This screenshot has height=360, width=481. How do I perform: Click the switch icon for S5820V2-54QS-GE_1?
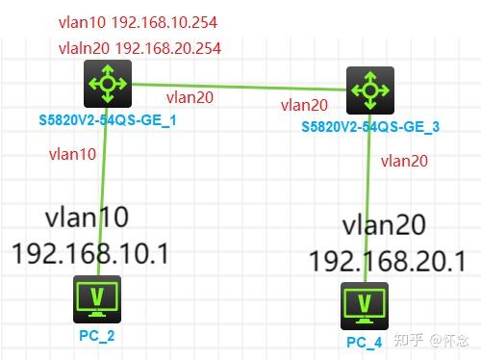(107, 84)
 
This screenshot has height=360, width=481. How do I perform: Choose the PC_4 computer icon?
(364, 306)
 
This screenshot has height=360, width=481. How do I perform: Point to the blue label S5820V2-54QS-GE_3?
(370, 126)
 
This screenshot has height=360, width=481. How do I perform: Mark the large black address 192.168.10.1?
(90, 253)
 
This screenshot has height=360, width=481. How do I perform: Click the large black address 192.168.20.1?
(389, 260)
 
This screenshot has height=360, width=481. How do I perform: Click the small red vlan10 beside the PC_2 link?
(71, 154)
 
